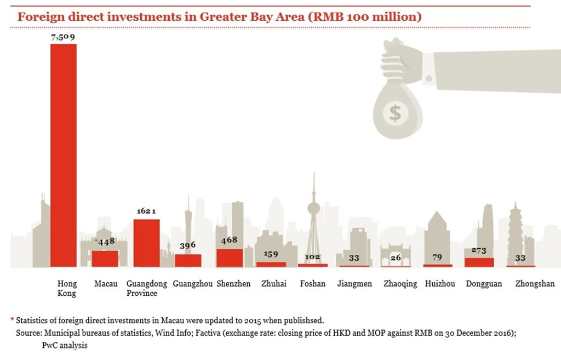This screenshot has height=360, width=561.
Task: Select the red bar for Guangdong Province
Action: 147,243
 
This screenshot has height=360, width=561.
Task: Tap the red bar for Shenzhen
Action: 230,258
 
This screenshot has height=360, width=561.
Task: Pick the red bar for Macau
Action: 105,259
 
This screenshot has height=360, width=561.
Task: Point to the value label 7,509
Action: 63,37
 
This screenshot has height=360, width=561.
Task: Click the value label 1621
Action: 146,211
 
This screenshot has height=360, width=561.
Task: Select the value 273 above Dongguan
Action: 479,250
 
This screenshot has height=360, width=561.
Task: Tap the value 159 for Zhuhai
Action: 271,254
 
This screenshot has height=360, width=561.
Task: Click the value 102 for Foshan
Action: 312,256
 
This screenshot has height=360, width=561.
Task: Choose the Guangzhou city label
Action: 192,284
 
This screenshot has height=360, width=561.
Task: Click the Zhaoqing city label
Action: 400,284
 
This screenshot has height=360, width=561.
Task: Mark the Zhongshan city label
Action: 535,284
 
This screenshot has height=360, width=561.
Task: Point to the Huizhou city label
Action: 440,284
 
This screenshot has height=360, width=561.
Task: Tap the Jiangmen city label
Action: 354,284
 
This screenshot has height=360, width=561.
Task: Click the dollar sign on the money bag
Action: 396,113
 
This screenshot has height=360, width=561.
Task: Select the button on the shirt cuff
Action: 428,79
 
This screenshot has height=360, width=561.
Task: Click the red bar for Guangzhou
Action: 188,260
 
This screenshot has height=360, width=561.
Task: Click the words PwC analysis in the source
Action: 65,346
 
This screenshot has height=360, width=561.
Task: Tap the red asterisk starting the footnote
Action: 12,319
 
